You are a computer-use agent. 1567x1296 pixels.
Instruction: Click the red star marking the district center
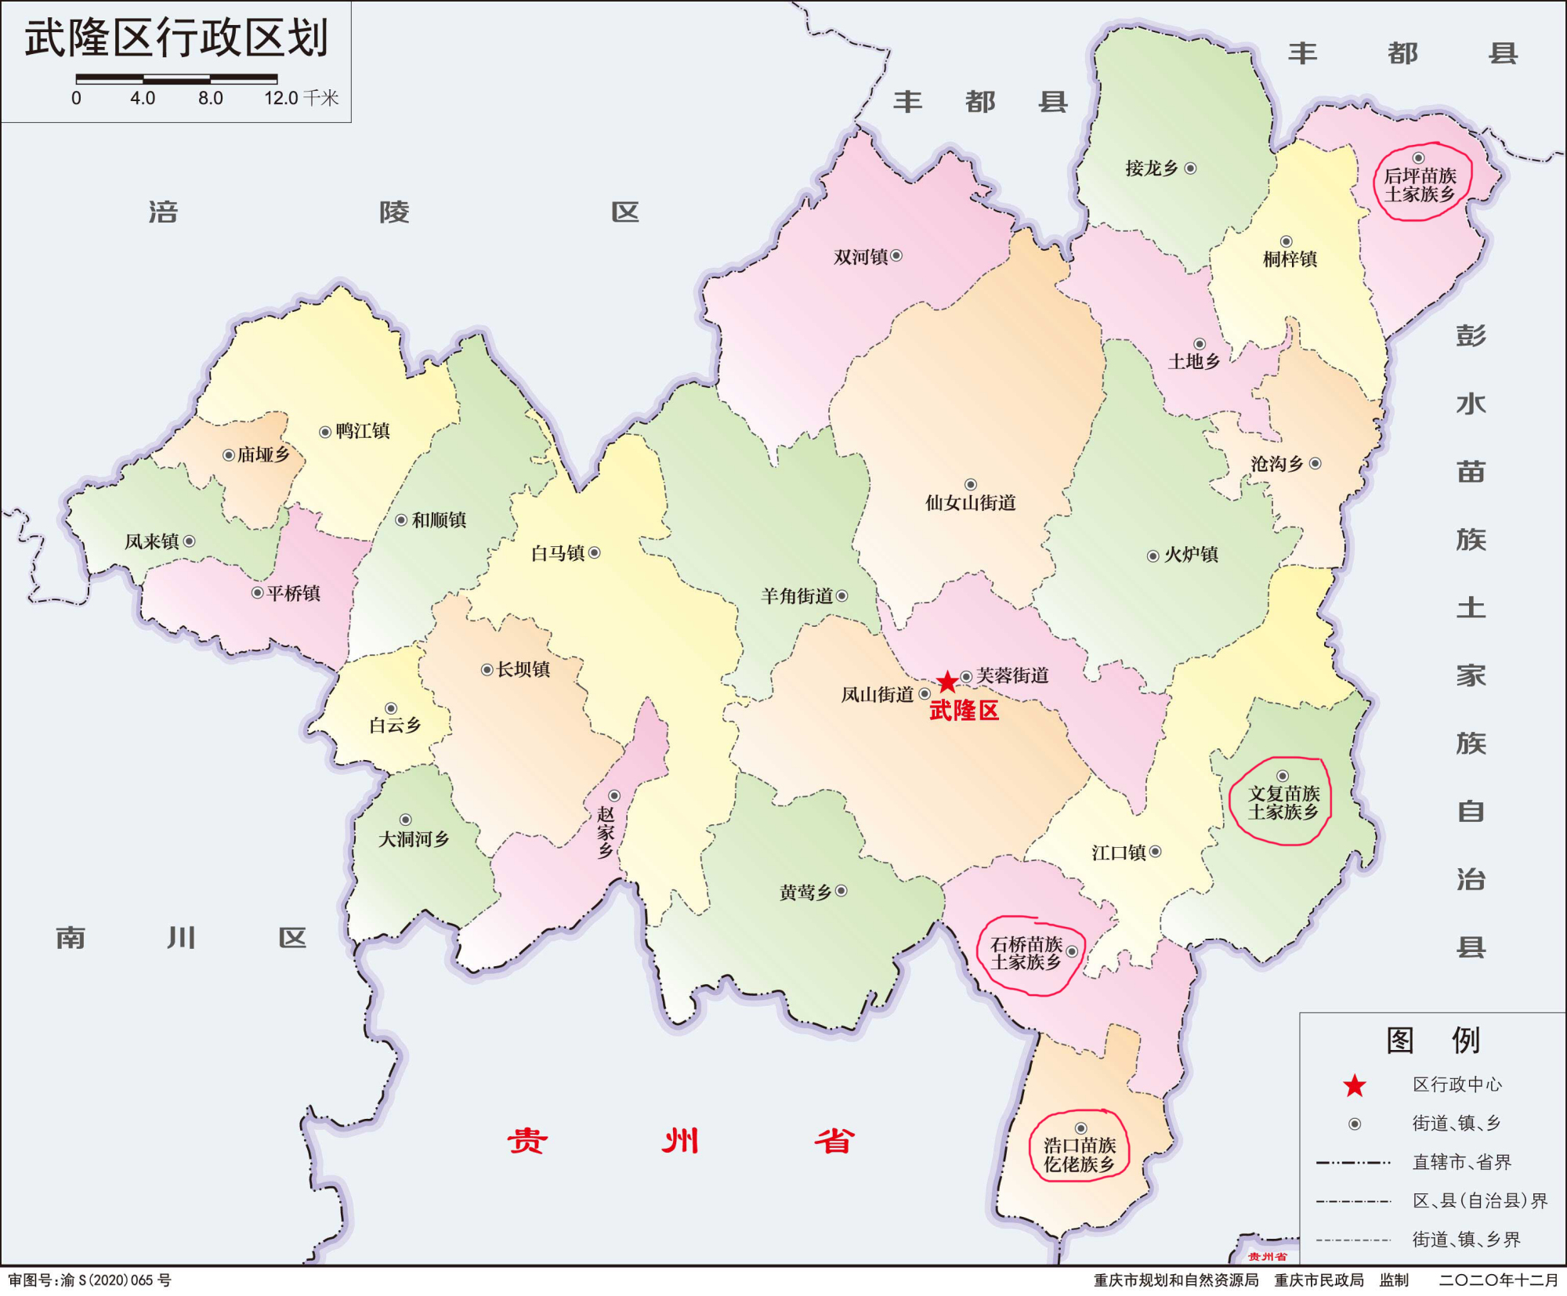[x=947, y=681]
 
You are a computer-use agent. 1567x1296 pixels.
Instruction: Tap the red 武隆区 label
[x=964, y=711]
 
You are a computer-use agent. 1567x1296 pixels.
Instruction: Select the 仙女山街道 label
[x=970, y=502]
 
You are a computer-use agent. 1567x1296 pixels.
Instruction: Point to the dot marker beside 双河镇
[x=896, y=255]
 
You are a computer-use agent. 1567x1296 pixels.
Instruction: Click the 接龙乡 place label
[x=1151, y=168]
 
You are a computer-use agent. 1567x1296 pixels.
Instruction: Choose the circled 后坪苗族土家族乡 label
[x=1420, y=185]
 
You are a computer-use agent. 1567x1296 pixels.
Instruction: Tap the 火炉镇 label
[x=1191, y=555]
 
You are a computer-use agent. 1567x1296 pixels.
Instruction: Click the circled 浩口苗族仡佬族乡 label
[x=1079, y=1155]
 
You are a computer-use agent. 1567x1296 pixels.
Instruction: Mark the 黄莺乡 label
[x=805, y=892]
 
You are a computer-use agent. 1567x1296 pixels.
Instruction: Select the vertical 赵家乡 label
[x=606, y=833]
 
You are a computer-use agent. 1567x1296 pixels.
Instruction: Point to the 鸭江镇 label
[x=363, y=431]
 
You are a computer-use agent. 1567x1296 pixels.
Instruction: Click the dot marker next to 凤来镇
[x=189, y=541]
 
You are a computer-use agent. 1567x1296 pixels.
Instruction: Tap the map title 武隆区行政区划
[x=176, y=38]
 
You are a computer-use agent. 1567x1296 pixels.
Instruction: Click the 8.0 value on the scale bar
[x=210, y=99]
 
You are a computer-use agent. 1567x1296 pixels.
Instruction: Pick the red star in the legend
[x=1355, y=1086]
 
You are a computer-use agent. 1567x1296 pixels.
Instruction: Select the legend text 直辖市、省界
[x=1461, y=1162]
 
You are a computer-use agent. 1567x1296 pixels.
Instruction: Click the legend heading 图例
[x=1433, y=1041]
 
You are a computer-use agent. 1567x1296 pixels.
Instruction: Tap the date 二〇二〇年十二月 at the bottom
[x=1498, y=1280]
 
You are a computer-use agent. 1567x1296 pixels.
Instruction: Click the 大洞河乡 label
[x=414, y=839]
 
